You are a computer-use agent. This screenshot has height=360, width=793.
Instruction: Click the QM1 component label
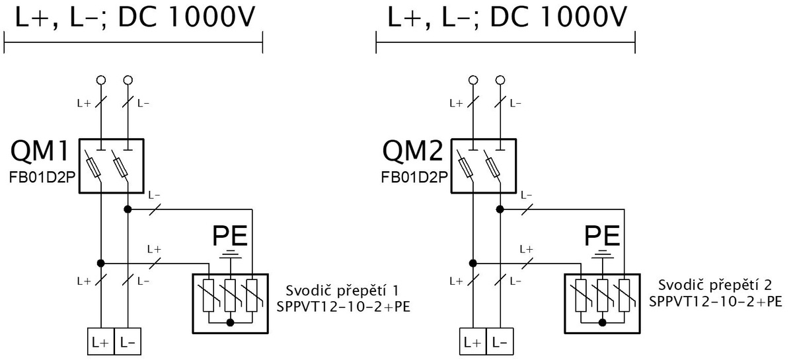point(40,151)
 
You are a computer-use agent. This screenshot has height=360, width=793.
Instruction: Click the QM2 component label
point(412,151)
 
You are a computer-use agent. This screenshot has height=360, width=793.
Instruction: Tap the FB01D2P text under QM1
point(42,178)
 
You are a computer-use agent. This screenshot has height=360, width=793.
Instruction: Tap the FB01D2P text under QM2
point(414,178)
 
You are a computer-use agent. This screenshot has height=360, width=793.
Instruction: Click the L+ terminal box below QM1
point(101,342)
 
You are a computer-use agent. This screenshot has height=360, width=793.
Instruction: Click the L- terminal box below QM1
point(128,342)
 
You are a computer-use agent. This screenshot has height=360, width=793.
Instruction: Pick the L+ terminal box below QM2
point(473,342)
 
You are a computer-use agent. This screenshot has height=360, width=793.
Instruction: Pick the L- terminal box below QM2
point(500,342)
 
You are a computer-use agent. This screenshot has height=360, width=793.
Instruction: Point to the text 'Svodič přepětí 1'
point(342,291)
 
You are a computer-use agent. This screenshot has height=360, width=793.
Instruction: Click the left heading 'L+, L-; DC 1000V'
point(135,17)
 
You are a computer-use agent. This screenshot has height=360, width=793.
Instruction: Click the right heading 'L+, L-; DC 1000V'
point(507,17)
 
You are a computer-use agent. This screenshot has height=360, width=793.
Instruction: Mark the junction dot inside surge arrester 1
point(230,322)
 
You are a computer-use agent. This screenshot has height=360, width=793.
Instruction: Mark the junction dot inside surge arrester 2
point(603,322)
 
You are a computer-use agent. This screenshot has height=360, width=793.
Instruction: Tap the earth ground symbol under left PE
point(231,254)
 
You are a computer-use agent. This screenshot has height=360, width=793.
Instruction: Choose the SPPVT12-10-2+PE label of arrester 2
point(716,301)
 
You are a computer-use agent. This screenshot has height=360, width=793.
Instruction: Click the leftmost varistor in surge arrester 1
point(209,295)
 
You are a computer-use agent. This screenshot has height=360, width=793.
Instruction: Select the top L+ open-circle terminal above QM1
point(101,80)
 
